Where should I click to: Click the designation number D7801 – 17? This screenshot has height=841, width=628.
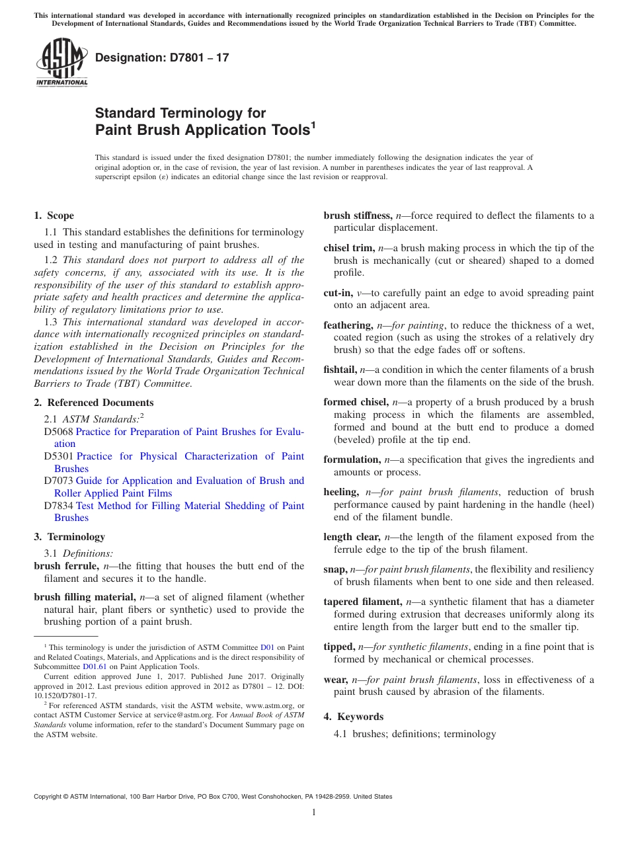click(x=162, y=58)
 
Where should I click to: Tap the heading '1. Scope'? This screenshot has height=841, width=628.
click(x=54, y=216)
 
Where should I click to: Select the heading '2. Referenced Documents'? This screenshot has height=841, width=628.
click(x=93, y=403)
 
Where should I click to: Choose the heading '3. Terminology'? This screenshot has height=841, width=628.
click(x=69, y=537)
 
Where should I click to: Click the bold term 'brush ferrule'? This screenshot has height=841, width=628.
click(x=67, y=566)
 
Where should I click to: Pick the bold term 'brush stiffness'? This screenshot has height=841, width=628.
click(x=356, y=216)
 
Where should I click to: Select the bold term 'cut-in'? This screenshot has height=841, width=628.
click(x=338, y=293)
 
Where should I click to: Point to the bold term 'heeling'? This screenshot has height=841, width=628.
click(x=341, y=492)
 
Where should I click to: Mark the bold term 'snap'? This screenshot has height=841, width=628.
click(x=335, y=569)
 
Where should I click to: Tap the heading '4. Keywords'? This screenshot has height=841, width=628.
click(x=353, y=717)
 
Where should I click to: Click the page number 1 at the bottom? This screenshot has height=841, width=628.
click(x=314, y=813)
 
